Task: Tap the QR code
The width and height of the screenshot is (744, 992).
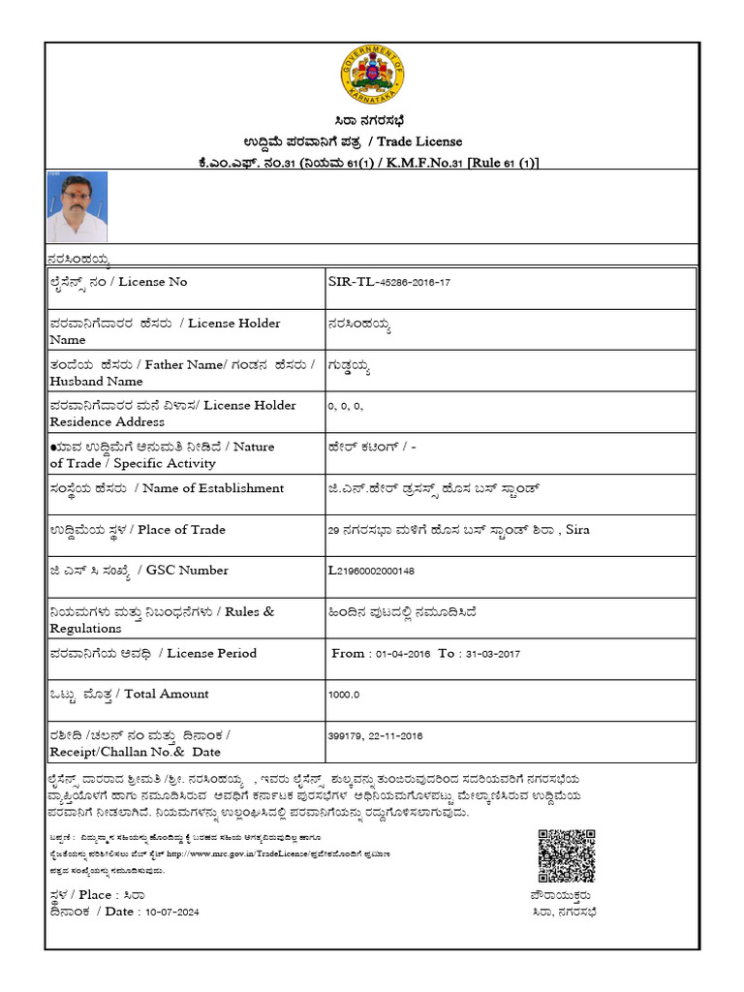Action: tap(566, 855)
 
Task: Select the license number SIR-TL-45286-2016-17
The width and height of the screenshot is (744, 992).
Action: tap(389, 282)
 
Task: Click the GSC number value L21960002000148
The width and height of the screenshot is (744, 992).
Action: tap(386, 571)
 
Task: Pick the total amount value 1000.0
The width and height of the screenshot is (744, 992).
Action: tap(344, 695)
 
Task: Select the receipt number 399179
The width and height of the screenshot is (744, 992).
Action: tap(348, 736)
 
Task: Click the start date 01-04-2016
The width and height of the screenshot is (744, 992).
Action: tap(401, 654)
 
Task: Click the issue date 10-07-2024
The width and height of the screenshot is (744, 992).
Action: tap(169, 912)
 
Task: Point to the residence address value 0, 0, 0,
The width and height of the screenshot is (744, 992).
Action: tap(346, 406)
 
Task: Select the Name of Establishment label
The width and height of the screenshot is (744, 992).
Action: tap(212, 488)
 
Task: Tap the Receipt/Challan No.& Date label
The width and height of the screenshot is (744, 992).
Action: tap(135, 752)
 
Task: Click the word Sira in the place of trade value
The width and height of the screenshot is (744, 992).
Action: tap(577, 530)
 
